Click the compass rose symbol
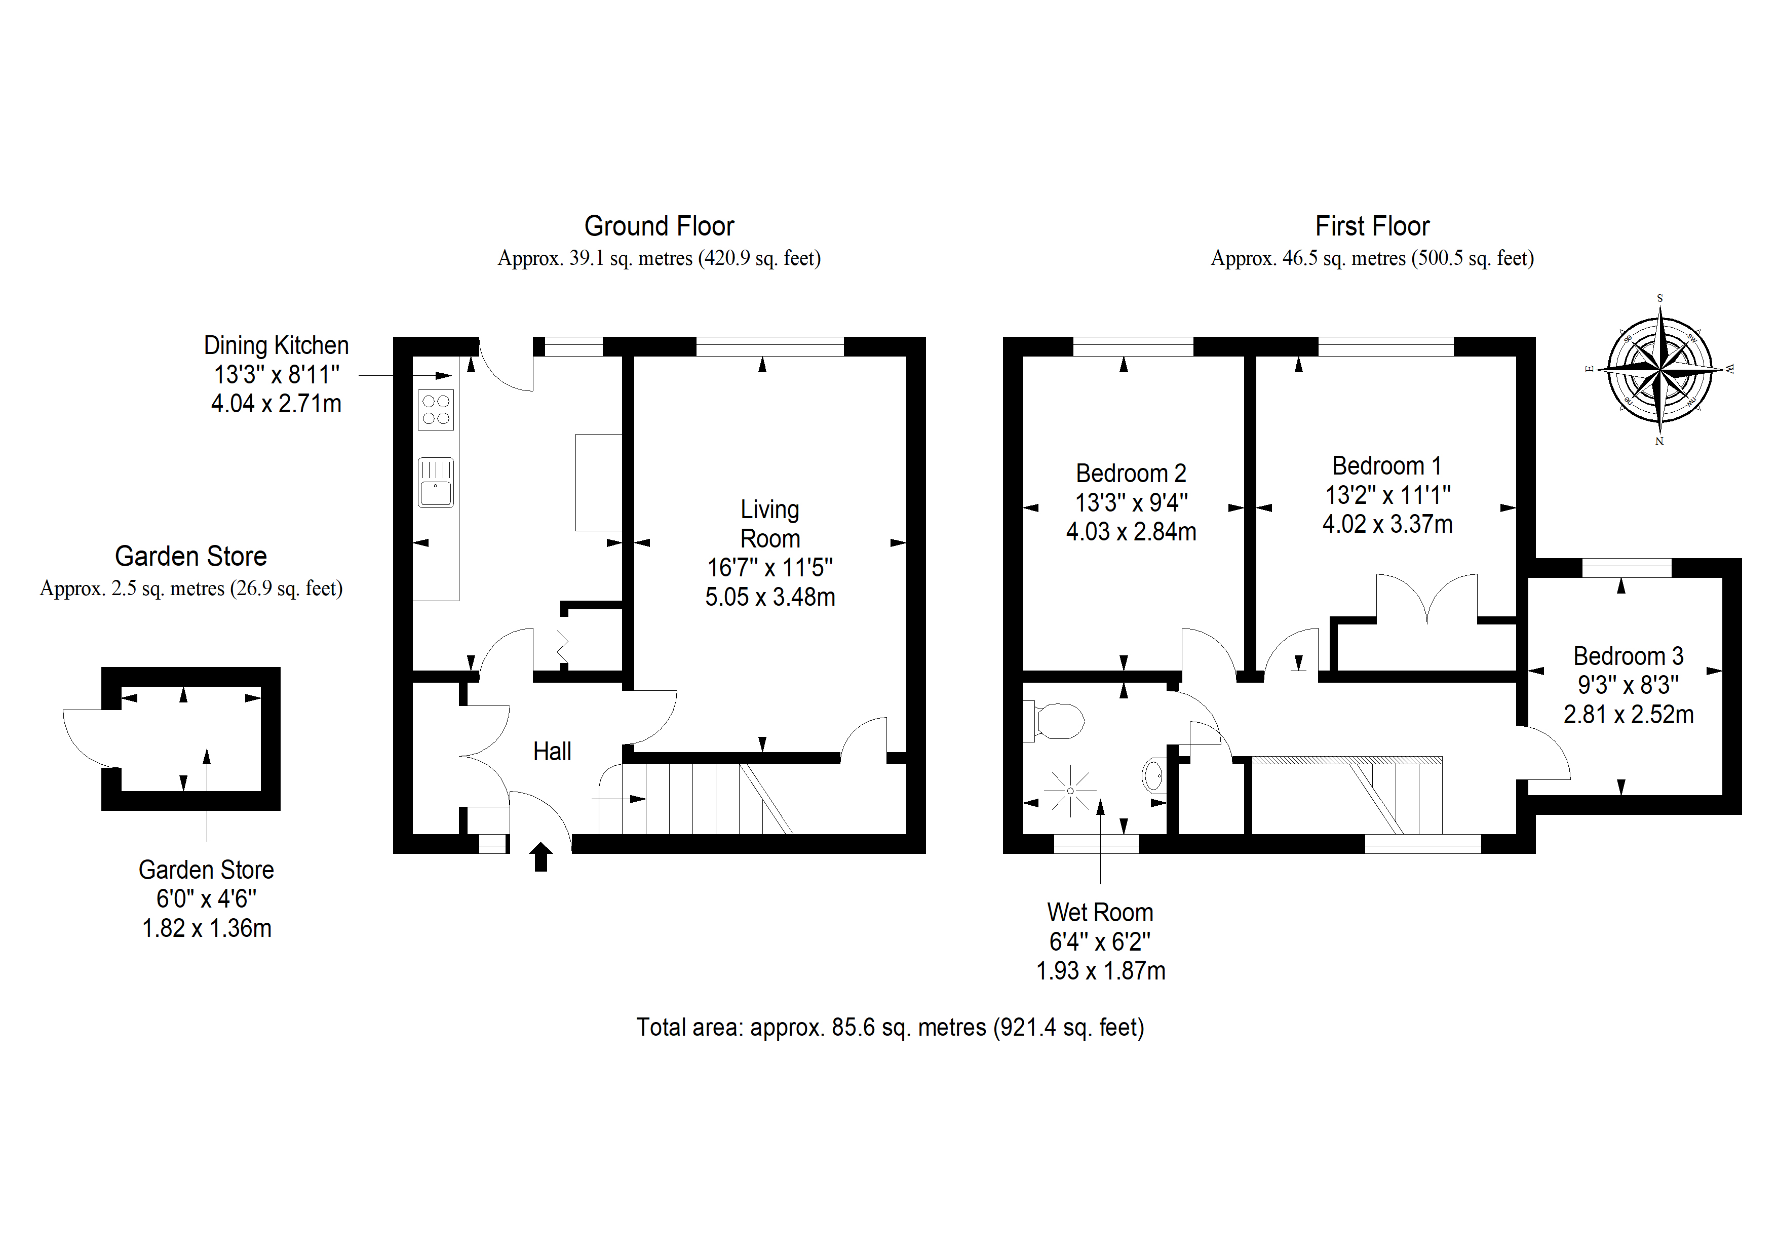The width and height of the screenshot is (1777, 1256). coord(1659,369)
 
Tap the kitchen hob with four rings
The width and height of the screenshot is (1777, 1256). coord(436,409)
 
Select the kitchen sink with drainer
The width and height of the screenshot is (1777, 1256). coord(436,483)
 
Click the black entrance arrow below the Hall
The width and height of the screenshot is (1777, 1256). coord(541,857)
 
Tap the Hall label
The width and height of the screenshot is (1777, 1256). coord(552,752)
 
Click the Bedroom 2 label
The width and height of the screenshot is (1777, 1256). coord(1131,473)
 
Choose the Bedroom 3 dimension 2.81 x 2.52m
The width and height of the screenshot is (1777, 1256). coord(1629,714)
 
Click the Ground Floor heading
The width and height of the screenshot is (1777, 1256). coord(659,226)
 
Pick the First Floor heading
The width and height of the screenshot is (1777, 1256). coord(1372,226)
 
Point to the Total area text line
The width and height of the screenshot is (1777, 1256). coord(890,1027)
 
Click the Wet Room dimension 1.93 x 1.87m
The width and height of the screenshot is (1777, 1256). coord(1101,970)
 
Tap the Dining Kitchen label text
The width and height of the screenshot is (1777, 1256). coord(276,345)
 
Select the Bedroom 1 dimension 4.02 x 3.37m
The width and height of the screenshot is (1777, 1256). coord(1387,524)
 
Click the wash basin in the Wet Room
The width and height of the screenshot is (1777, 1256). coord(1153,775)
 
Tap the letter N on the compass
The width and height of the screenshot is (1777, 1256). coord(1659,441)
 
